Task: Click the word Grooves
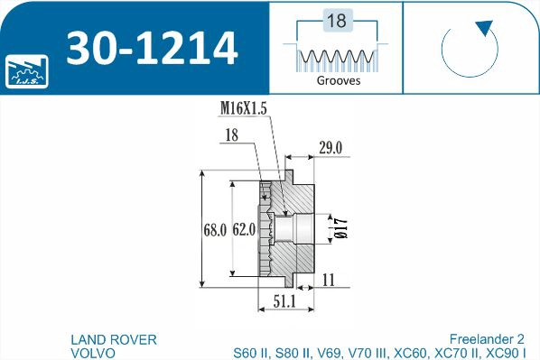click(339, 80)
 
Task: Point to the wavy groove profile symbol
click(336, 58)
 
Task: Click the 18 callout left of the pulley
click(233, 134)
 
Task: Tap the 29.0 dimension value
click(331, 149)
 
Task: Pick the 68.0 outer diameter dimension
click(214, 231)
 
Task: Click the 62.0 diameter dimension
click(244, 231)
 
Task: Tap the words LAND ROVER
click(114, 339)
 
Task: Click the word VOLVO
click(93, 353)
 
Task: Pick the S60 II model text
click(253, 353)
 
